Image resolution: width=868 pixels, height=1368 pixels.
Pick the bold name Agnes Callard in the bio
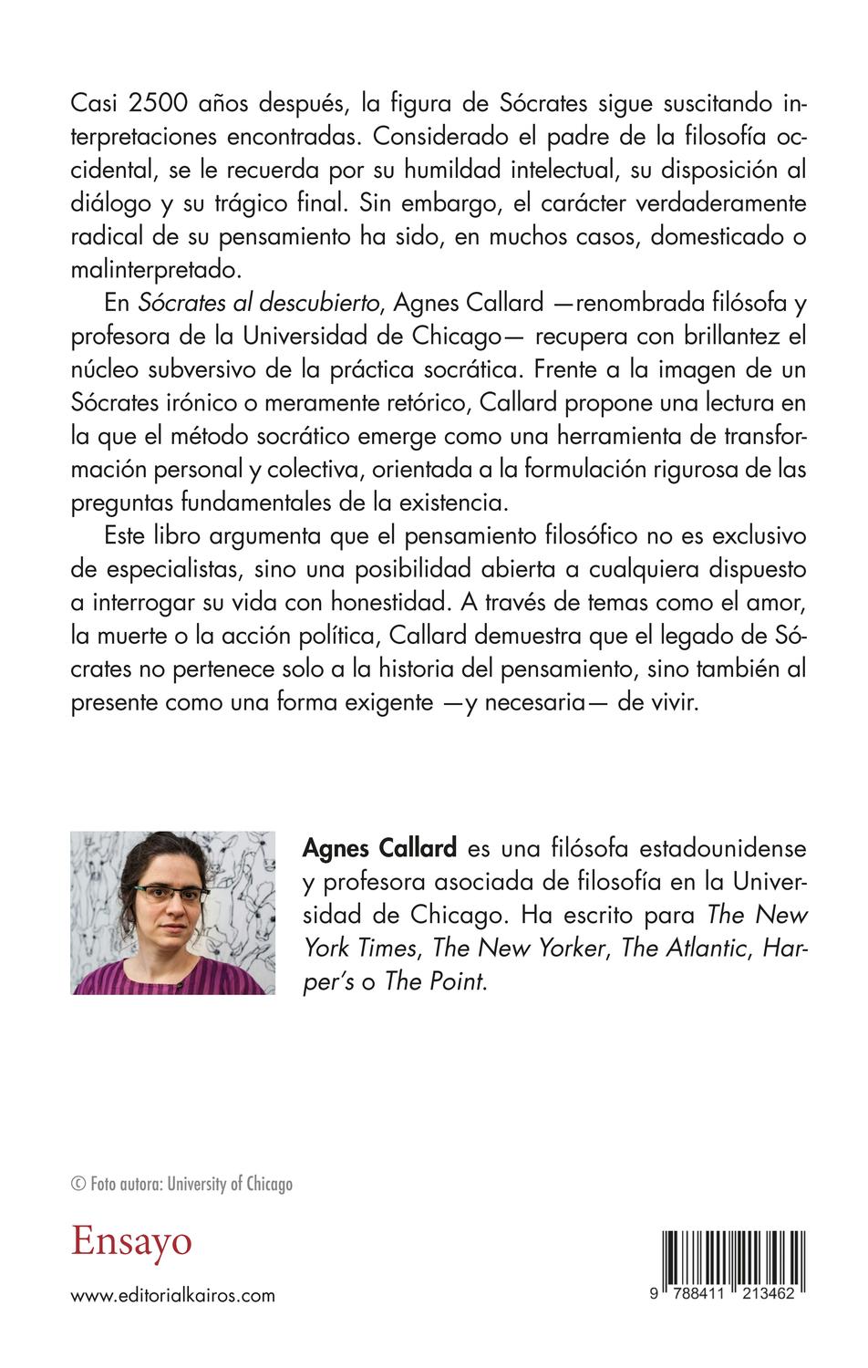(379, 848)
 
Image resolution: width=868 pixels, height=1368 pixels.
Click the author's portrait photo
(172, 912)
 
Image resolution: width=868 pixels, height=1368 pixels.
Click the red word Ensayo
(132, 1242)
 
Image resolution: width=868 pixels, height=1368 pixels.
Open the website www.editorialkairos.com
(172, 1295)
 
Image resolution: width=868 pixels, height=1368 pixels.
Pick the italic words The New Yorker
(519, 948)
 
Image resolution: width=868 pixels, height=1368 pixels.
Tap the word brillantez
(708, 337)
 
